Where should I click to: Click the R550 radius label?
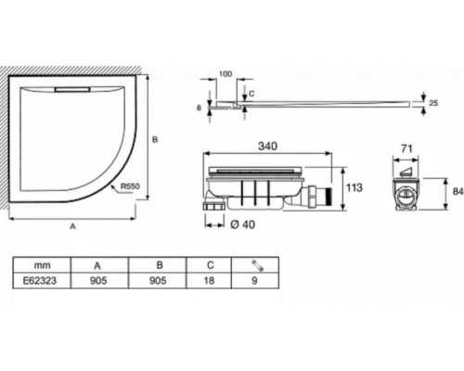point(130,186)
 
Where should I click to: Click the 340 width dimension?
point(267,146)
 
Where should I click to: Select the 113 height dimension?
point(354,187)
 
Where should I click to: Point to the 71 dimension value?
point(406,148)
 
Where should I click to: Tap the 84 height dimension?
point(458,192)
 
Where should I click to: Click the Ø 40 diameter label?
point(243,224)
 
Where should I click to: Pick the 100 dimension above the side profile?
point(226,74)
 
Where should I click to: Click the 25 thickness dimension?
point(433,103)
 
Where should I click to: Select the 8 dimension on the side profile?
point(199,108)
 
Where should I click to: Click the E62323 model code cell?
point(40,280)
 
